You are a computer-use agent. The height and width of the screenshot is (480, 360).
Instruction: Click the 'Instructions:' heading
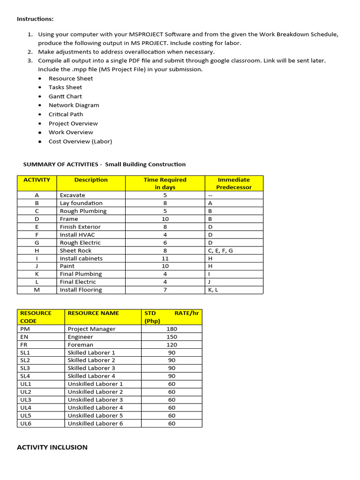[x=35, y=19]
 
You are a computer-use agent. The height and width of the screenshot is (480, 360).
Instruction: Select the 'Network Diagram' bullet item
[x=74, y=105]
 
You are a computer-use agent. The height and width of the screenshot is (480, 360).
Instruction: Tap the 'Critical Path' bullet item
[x=66, y=114]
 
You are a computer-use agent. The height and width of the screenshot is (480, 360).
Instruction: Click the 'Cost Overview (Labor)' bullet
[x=80, y=142]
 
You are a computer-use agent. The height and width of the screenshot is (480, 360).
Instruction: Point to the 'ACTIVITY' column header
[x=37, y=180]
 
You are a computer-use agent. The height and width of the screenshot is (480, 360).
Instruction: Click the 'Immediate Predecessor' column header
[x=233, y=183]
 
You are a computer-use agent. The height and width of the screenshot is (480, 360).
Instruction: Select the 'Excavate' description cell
[x=72, y=195]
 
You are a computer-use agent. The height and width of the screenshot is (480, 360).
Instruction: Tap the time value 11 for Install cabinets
[x=165, y=259]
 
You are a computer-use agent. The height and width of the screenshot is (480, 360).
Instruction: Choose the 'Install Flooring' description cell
[x=81, y=290]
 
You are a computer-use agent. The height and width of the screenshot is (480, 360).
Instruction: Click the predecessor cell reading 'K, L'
[x=213, y=290]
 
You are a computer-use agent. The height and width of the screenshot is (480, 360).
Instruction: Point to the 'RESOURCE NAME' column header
[x=93, y=313]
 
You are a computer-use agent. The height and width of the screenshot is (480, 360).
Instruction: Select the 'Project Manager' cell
[x=91, y=329]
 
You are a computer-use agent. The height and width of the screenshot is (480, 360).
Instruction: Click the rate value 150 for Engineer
[x=172, y=337]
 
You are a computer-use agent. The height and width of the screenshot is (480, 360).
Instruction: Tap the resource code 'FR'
[x=24, y=345]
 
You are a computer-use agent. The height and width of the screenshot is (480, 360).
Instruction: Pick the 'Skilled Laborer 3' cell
[x=91, y=368]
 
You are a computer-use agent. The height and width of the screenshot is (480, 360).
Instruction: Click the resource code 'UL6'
[x=26, y=424]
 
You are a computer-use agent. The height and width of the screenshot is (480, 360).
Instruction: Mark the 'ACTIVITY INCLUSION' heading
[x=52, y=448]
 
